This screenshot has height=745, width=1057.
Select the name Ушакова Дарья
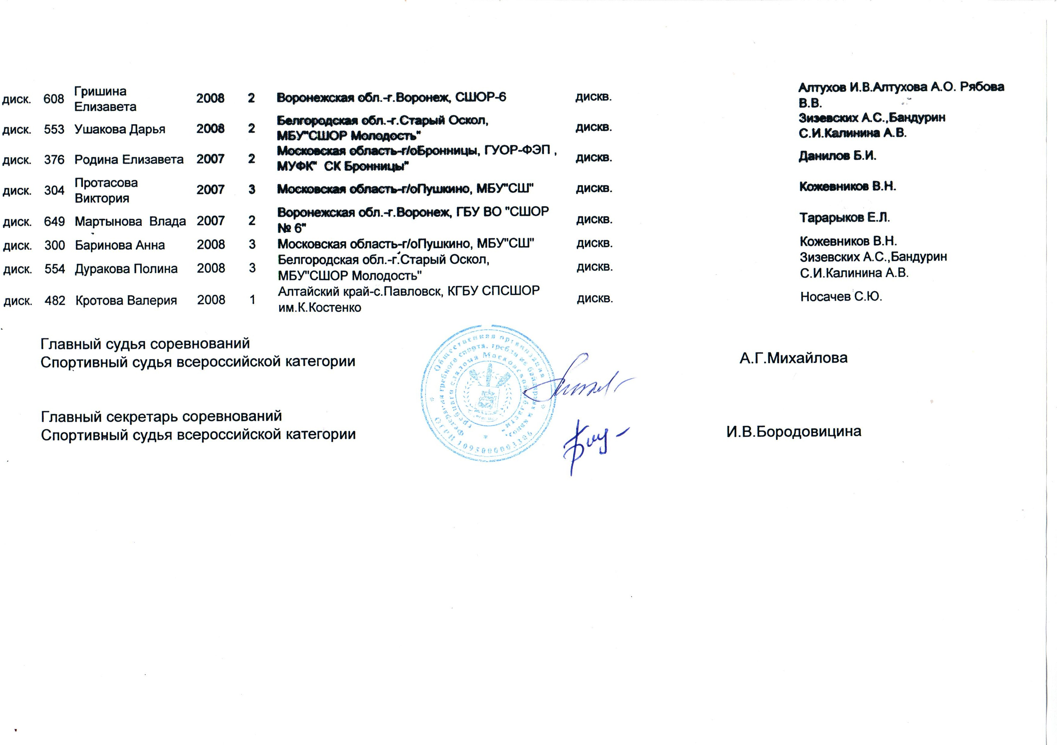[x=120, y=129]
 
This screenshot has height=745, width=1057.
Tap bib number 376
[x=54, y=160]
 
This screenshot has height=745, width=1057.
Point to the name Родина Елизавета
[x=129, y=160]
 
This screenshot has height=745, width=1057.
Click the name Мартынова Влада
[x=130, y=222]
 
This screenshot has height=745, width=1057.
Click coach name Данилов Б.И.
[x=837, y=156]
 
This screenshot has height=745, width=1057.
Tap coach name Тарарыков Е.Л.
[x=844, y=218]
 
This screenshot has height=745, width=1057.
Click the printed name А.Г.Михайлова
[x=793, y=358]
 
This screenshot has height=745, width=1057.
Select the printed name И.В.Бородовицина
[x=794, y=432]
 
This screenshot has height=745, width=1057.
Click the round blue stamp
[x=483, y=394]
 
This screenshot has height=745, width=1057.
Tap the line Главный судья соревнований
[x=145, y=344]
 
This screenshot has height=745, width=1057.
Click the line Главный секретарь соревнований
[x=161, y=416]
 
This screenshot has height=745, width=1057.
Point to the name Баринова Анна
[x=120, y=245]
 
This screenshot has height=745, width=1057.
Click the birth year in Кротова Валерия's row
[x=211, y=300]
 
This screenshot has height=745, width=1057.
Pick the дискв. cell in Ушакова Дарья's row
[x=594, y=127]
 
